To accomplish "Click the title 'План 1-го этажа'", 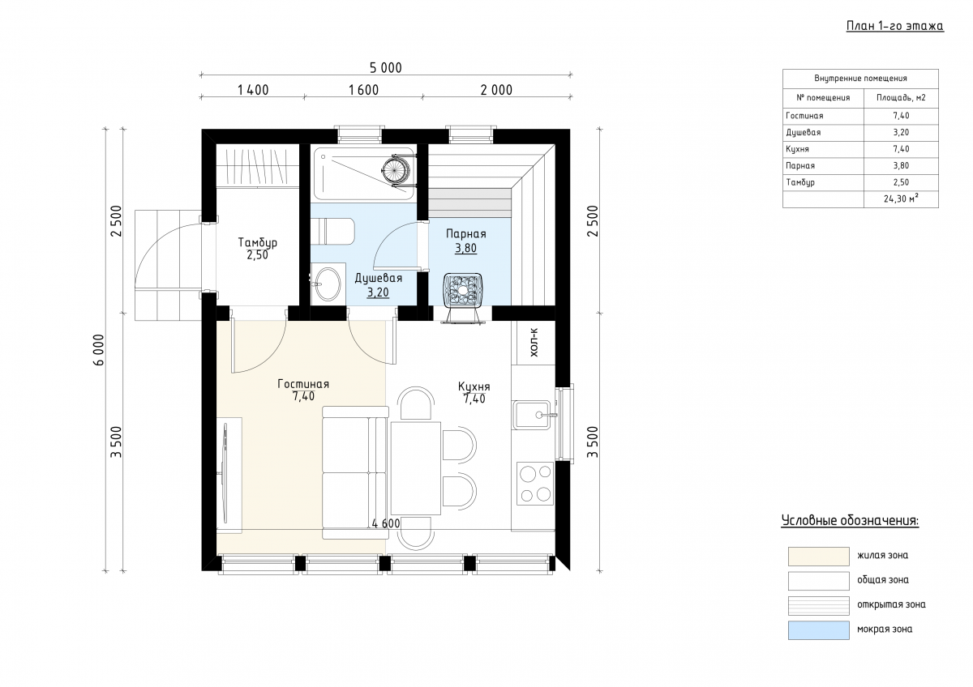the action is (x=895, y=26).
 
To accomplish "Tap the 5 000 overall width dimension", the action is (x=386, y=68).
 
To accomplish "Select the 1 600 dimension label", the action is (x=363, y=90).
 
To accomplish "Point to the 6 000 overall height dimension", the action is (x=99, y=350).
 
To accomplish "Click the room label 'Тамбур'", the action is (x=258, y=241).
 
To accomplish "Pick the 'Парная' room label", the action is (x=466, y=234).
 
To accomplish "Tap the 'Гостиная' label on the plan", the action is (x=303, y=384).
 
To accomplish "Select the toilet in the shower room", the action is (x=332, y=232).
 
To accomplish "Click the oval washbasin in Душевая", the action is (x=328, y=284).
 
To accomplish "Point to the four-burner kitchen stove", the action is (x=535, y=484).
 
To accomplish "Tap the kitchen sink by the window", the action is (x=532, y=415).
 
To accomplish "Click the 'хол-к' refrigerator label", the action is (x=534, y=343).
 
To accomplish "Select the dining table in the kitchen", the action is (x=416, y=467).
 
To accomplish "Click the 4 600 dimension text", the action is (x=386, y=523).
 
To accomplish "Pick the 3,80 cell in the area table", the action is (x=901, y=165).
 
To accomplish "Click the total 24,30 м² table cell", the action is (x=901, y=198).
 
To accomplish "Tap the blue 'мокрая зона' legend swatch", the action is (x=819, y=630).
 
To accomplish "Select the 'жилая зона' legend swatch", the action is (x=819, y=556).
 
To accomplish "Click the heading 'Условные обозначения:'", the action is (x=850, y=520).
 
